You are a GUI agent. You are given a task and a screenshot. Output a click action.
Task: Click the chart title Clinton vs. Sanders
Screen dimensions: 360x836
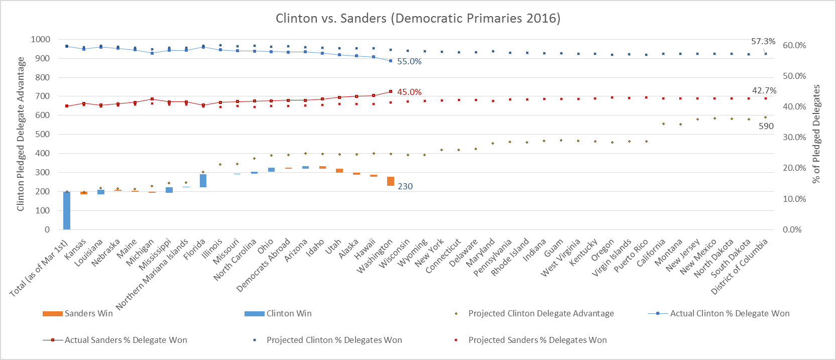(418, 19)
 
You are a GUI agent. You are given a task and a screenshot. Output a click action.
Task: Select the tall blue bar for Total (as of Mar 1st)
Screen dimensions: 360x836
(67, 210)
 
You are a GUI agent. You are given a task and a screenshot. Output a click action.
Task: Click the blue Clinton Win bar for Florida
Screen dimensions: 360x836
(203, 181)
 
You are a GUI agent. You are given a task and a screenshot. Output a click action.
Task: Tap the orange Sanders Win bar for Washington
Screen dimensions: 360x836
(391, 181)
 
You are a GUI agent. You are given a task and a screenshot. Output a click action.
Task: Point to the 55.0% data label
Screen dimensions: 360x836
(409, 62)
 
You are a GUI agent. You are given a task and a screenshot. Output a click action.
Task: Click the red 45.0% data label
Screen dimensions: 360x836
(409, 92)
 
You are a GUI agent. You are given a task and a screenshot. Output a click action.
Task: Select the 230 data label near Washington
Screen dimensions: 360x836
(405, 187)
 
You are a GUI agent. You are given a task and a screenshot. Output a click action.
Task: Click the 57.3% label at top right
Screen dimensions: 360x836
(763, 42)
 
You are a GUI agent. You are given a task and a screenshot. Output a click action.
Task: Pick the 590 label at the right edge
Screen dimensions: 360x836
(766, 127)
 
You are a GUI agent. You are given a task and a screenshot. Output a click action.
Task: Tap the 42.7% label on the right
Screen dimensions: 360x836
(764, 91)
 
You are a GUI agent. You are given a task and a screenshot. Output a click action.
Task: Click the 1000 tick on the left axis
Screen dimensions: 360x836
(40, 39)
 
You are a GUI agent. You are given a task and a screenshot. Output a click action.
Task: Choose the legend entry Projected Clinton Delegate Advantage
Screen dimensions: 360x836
(541, 314)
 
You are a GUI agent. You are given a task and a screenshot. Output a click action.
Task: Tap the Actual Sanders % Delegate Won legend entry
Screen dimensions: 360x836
(126, 340)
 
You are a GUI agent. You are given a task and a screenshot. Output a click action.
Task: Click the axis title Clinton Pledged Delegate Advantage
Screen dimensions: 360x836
(21, 134)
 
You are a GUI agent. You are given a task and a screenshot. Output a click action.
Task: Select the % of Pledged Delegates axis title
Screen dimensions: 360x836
(816, 134)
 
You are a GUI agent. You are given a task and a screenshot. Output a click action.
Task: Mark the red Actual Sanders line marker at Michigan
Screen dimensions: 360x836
(152, 99)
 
